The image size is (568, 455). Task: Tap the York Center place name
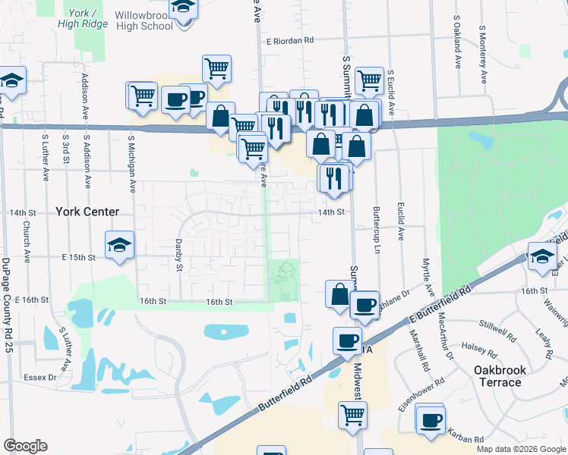coord(87,212)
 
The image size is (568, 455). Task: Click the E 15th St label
coord(78,258)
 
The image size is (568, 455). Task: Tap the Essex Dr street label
coord(41,376)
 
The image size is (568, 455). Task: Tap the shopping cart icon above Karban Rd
coord(352,415)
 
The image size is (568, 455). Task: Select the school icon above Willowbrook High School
coord(182,8)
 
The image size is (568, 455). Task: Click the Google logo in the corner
coord(25,446)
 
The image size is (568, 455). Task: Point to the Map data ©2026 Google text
coord(521,449)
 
